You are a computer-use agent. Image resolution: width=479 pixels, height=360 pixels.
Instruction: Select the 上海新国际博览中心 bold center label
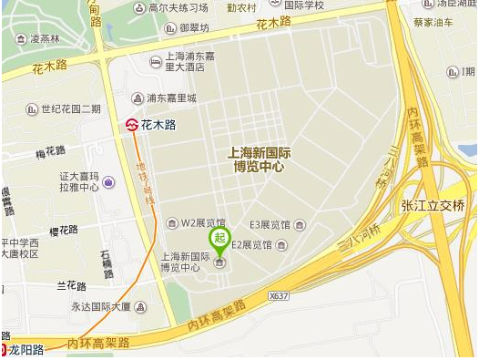[x=256, y=160]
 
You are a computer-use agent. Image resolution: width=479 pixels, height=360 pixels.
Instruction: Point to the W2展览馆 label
[x=203, y=222]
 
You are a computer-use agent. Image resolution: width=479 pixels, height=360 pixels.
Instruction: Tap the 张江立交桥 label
[x=433, y=206]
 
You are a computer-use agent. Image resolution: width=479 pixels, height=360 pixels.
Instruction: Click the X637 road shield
[x=279, y=297]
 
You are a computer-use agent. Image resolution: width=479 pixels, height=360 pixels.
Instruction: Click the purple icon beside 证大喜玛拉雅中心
[x=108, y=182]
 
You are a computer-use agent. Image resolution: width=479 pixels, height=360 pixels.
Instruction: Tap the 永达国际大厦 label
[x=102, y=307]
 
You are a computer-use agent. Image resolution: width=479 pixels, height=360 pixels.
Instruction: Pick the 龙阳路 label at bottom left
[x=25, y=349]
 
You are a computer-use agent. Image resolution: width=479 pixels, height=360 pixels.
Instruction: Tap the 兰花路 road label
[x=72, y=285]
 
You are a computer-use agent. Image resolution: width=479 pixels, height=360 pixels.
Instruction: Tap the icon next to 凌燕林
[x=19, y=39]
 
